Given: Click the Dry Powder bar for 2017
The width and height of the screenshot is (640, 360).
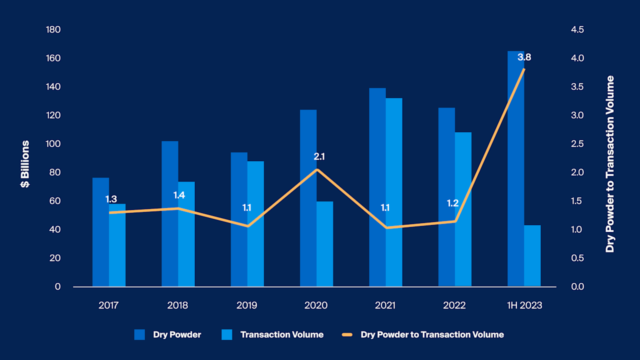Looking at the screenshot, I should tap(100, 232).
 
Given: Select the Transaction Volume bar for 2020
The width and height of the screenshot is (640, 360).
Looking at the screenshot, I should tap(325, 244).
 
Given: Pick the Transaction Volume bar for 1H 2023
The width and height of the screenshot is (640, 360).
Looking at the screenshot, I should tap(532, 256).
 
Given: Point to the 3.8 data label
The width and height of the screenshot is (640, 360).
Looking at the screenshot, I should tap(524, 57).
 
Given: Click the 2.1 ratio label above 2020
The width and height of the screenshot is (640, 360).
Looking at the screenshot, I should tap(319, 156).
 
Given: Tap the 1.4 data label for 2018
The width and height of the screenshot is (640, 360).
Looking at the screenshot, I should tap(179, 195).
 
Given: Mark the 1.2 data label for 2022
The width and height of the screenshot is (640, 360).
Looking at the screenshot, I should tap(452, 203).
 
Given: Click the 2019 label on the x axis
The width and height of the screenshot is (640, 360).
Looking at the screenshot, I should tap(247, 305).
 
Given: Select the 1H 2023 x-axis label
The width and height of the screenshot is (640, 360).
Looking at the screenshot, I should tap(523, 305).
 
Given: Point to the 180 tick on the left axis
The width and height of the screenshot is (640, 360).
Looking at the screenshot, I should tap(53, 29).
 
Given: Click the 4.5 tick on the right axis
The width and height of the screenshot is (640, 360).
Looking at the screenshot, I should tap(577, 29).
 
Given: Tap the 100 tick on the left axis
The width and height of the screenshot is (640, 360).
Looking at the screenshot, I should tap(53, 144).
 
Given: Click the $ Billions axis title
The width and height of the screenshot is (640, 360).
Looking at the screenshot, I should tap(25, 164).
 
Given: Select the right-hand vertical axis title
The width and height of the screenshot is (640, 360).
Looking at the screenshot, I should tap(609, 164).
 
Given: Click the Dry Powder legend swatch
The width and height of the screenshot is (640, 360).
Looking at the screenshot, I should tap(139, 334).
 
